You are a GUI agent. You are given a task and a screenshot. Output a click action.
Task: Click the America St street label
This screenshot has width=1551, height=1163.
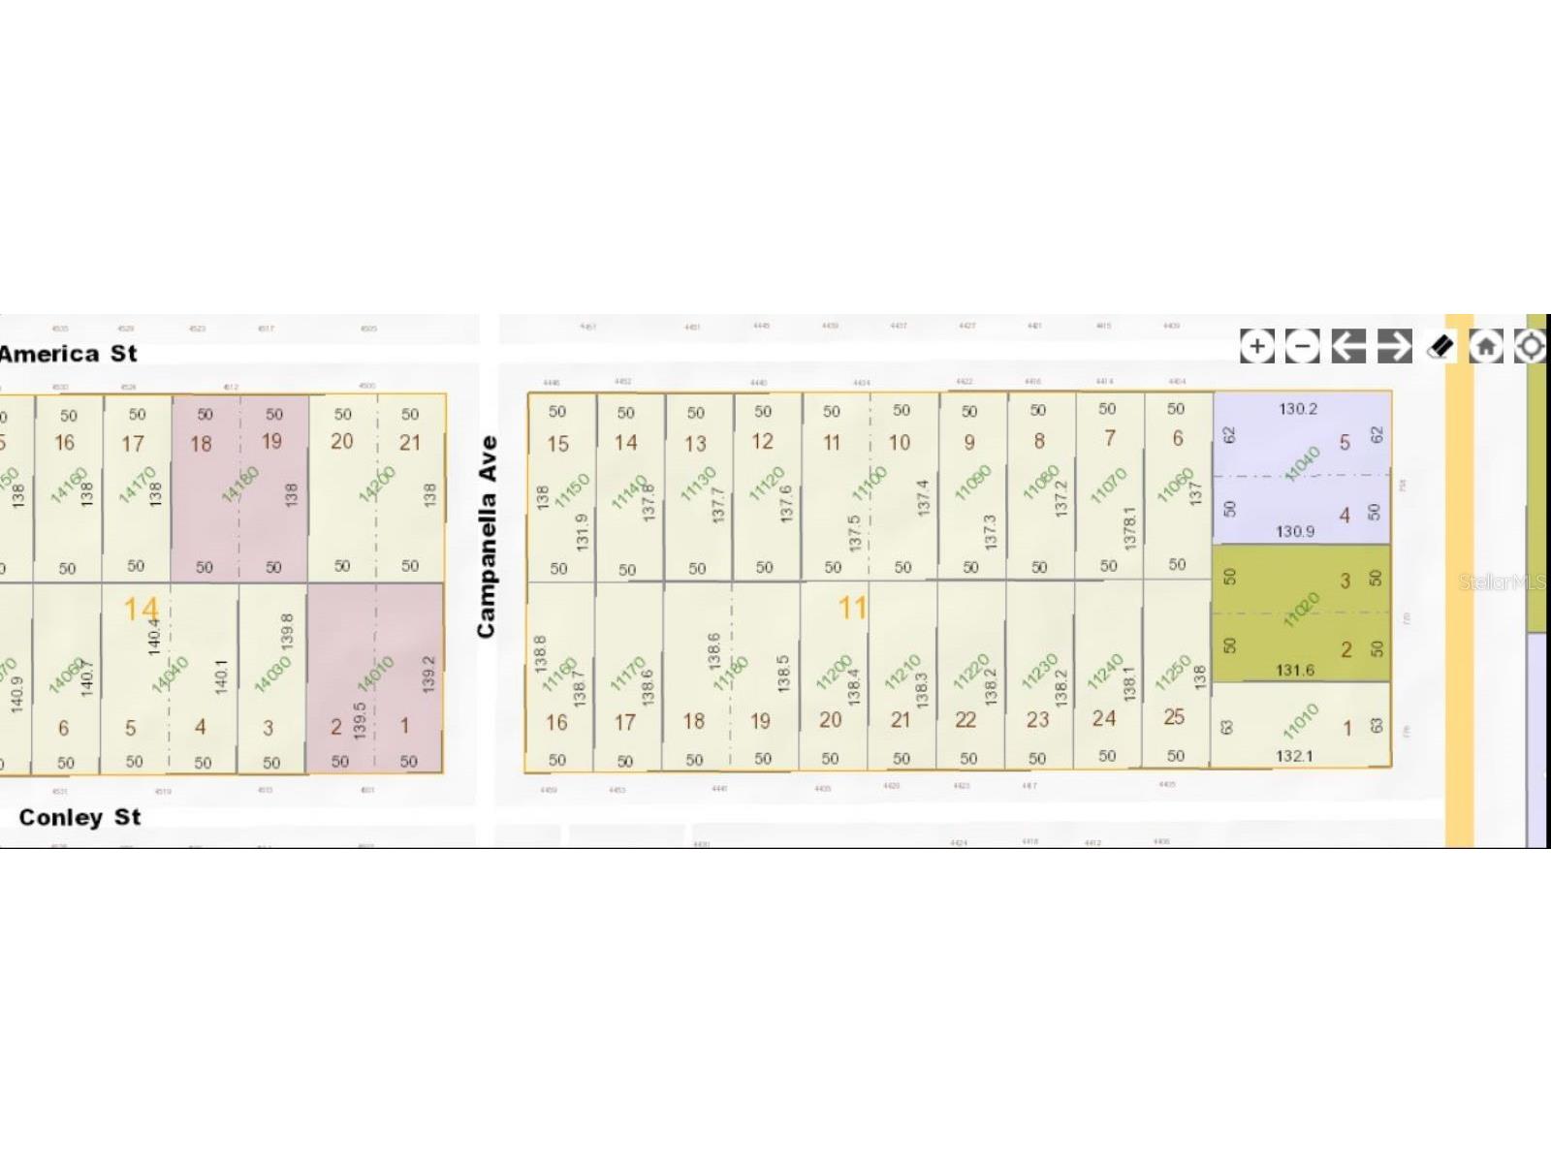(68, 354)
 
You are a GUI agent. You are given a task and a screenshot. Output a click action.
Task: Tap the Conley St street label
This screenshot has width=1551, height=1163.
(79, 817)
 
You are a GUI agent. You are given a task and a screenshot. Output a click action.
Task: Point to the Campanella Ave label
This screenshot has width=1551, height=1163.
(487, 536)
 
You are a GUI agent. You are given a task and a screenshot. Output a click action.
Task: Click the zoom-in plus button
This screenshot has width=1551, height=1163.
(1256, 346)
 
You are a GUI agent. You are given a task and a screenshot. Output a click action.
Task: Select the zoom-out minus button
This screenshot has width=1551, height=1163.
(1302, 346)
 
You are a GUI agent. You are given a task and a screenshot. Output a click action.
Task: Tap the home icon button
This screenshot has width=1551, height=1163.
(1486, 346)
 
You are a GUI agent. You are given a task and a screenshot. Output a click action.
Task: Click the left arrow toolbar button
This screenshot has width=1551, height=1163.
(1347, 346)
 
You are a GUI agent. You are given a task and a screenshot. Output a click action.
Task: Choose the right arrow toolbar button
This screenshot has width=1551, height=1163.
(1394, 346)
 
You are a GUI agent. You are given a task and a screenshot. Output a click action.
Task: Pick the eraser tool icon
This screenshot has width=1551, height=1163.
(1440, 346)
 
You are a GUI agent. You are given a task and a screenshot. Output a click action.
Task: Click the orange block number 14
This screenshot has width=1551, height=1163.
(141, 610)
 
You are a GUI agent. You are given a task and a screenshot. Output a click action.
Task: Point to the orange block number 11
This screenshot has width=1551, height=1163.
(852, 608)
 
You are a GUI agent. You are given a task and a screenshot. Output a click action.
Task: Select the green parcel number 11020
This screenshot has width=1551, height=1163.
(1301, 611)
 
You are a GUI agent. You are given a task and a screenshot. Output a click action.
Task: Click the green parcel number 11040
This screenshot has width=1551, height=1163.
(1302, 463)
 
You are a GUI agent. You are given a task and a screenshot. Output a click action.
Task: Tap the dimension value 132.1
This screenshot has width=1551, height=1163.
(1294, 755)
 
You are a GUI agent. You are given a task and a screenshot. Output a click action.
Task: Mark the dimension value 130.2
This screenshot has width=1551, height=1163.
(1297, 409)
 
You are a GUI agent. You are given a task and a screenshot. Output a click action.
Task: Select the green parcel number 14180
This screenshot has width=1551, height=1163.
(239, 485)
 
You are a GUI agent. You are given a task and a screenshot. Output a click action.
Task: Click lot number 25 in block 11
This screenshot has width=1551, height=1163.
(1174, 717)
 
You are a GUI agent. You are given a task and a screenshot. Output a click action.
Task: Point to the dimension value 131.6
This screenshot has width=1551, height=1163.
(1295, 670)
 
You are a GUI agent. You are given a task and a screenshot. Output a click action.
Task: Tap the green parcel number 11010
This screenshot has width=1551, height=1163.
(1300, 722)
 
